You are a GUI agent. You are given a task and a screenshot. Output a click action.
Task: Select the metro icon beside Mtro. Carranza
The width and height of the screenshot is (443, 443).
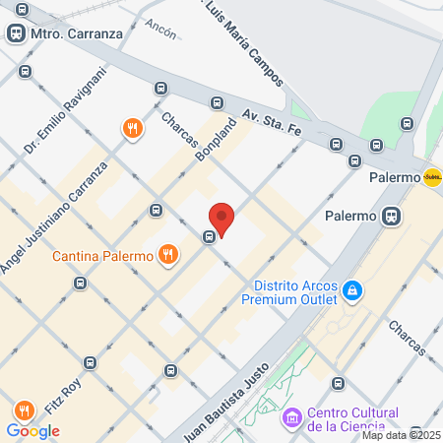(x=17, y=33)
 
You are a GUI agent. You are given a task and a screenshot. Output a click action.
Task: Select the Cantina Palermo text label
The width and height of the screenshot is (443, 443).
(x=102, y=257)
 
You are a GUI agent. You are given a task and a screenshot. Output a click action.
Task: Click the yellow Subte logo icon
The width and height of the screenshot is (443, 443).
(x=431, y=178)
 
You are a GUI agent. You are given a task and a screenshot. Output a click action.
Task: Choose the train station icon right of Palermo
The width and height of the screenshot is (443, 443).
(x=392, y=216)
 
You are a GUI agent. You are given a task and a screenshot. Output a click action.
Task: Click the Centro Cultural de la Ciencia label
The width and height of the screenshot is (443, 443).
(x=352, y=418)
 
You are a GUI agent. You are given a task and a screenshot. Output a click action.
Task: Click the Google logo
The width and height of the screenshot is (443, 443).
(x=33, y=430)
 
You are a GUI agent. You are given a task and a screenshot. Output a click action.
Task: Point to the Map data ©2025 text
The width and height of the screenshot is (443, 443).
(x=400, y=435)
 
